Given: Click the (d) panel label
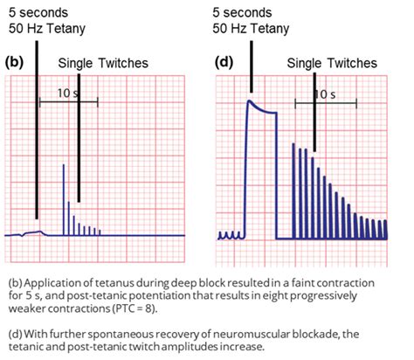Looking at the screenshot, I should [224, 63].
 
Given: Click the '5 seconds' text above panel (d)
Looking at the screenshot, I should [246, 12].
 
